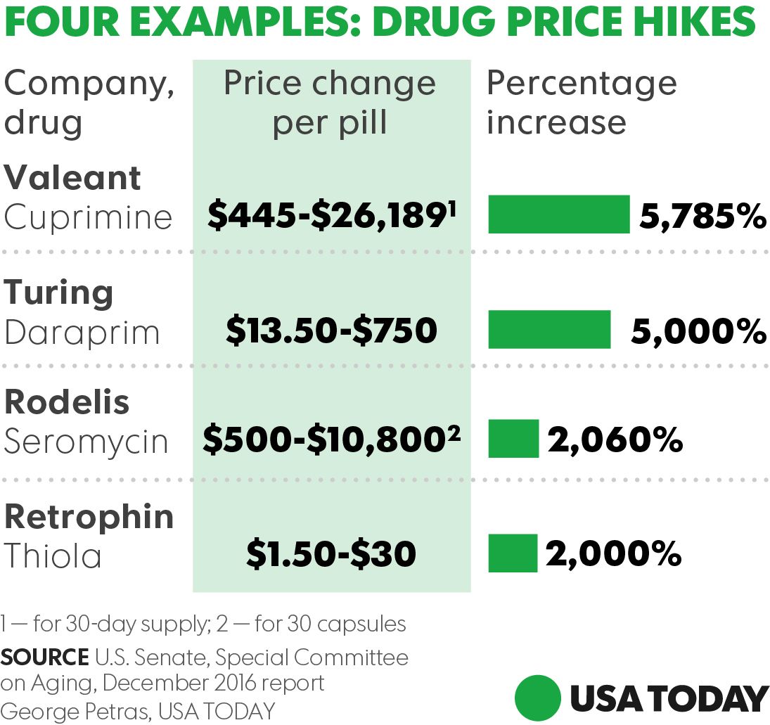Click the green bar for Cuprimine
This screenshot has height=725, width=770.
pos(559,214)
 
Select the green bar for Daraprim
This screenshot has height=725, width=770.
pos(549,329)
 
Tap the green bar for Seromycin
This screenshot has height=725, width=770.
pos(513,439)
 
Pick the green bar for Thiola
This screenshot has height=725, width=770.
pos(513,553)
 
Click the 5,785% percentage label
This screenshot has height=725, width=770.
pos(702,216)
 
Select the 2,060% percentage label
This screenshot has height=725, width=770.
pos(615,440)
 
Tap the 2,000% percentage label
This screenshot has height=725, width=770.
pos(613,554)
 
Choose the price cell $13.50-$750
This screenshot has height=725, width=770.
pos(331,330)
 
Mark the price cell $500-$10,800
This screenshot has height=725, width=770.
pos(331,440)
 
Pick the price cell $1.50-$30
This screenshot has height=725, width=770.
pos(331,554)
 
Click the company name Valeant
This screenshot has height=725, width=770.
pos(72,178)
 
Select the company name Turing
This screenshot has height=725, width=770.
pos(59,293)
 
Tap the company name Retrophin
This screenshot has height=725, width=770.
pos(89,517)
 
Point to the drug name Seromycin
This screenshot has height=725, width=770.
pos(86,442)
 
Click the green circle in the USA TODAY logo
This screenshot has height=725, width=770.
pos(538,698)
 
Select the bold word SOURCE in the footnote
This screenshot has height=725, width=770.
pos(43,657)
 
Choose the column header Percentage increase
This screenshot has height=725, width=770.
pos(581,103)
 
